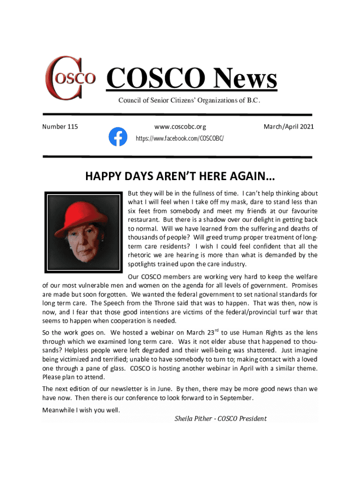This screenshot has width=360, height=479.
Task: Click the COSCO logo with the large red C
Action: click(70, 78)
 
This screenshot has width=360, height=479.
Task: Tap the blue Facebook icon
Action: click(118, 137)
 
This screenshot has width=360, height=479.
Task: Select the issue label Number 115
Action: click(60, 127)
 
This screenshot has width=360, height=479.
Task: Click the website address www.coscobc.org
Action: click(180, 127)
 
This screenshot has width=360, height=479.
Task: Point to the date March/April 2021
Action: click(288, 127)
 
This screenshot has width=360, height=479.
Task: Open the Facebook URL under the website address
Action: click(180, 139)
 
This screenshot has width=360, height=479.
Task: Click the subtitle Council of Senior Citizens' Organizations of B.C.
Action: click(189, 101)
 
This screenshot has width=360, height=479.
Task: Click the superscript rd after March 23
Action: click(216, 331)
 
